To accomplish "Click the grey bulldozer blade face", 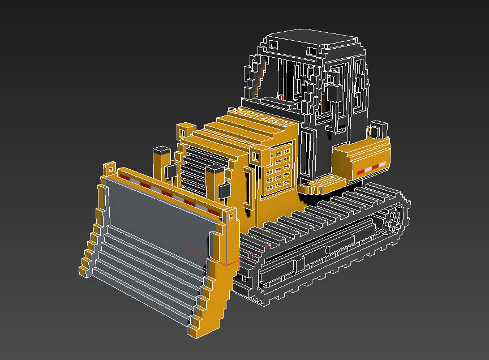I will (158, 221).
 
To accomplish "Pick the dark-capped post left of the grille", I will (161, 161).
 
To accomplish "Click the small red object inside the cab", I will (281, 98).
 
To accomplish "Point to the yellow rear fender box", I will (362, 156).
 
